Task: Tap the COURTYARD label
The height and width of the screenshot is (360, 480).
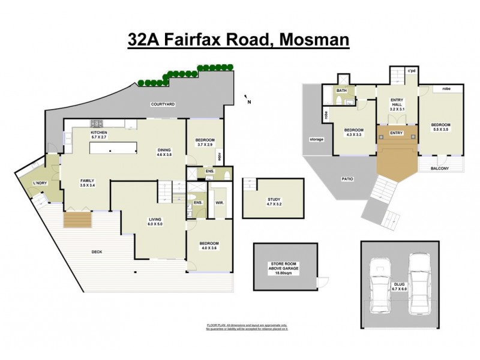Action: pos(163,104)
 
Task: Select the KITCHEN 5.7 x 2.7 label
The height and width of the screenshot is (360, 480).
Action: pos(98,135)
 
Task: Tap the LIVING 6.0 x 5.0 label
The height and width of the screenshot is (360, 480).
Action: pos(155,222)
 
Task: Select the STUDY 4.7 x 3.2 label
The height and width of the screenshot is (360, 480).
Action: pos(274,202)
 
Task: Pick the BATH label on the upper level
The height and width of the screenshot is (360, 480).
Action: pos(341,91)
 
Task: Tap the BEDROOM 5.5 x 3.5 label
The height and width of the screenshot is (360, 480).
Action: pos(441,127)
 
